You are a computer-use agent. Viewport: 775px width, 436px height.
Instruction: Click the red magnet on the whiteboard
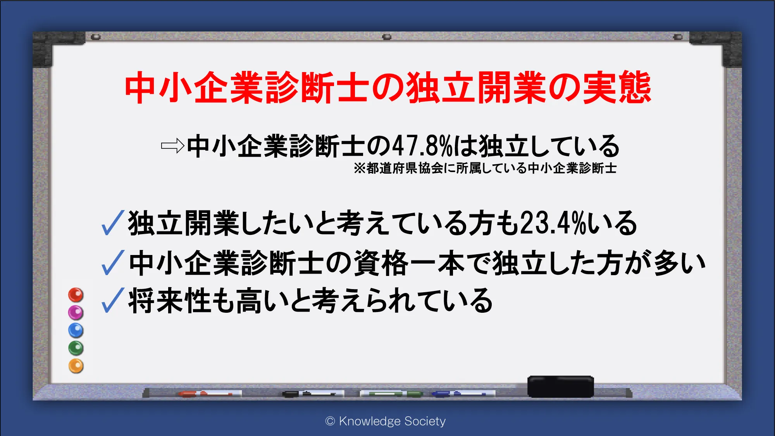[76, 295]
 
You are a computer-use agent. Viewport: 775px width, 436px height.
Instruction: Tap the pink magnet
[76, 312]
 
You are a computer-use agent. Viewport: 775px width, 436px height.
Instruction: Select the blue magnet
[76, 330]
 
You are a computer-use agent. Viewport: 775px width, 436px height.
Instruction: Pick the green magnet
[76, 348]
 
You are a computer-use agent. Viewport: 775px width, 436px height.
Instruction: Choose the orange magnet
[76, 366]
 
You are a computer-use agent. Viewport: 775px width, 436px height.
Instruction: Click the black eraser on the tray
[560, 386]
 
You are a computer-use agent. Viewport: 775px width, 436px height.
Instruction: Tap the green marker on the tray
[391, 394]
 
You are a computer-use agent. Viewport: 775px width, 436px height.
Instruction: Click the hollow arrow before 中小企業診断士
[172, 146]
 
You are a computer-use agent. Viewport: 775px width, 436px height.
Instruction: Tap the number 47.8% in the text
[422, 146]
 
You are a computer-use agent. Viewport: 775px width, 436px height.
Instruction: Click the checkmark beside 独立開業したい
[112, 223]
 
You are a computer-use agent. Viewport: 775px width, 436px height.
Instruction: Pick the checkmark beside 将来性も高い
[112, 300]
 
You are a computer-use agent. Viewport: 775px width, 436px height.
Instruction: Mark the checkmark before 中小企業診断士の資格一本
[112, 262]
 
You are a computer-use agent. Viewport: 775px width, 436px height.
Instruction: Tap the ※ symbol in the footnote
[360, 168]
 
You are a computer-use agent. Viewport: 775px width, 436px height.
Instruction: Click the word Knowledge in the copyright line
[370, 421]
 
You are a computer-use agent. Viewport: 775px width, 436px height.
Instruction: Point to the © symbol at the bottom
[330, 421]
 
